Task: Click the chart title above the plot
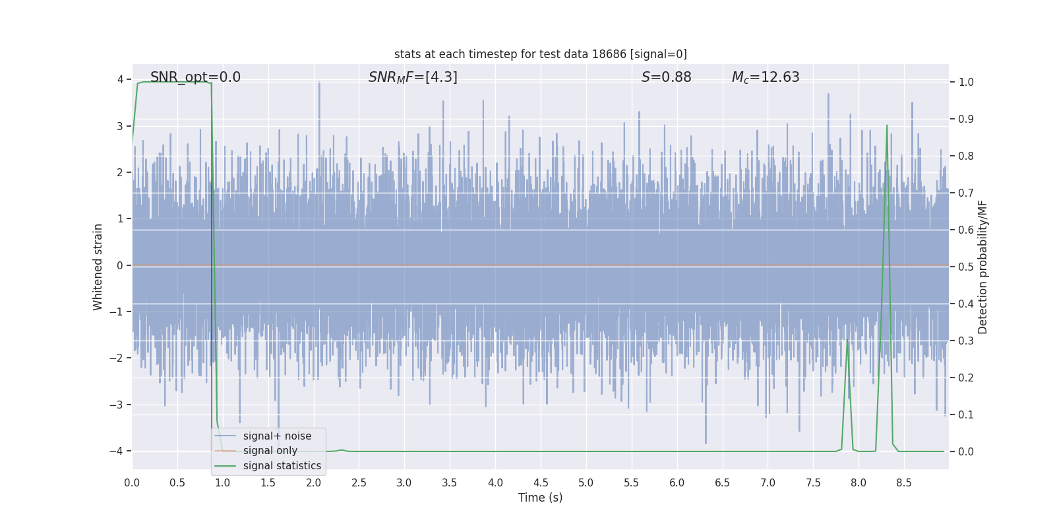click(540, 54)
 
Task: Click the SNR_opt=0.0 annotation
click(195, 77)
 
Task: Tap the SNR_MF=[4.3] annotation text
click(413, 77)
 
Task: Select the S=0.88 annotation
click(666, 77)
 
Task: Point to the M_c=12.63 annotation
click(766, 77)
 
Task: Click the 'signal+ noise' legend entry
click(277, 436)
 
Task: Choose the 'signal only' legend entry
click(270, 451)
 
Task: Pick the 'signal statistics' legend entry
click(282, 466)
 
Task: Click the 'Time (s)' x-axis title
click(540, 498)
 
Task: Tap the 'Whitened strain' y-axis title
click(98, 267)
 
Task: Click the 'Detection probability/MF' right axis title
click(982, 267)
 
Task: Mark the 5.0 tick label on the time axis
click(586, 483)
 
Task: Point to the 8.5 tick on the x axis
click(903, 483)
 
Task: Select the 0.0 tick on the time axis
click(132, 483)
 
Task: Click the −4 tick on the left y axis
click(116, 451)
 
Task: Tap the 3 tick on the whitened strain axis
click(120, 126)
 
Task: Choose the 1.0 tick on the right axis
click(966, 82)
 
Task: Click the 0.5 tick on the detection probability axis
click(966, 267)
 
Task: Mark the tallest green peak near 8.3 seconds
click(887, 125)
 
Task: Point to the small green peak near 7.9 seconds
click(847, 341)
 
